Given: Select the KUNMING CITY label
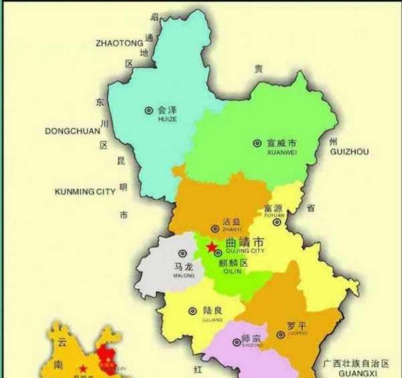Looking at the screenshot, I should click(x=84, y=192).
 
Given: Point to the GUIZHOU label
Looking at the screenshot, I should click(x=350, y=153).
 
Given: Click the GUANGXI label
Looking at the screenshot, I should click(x=355, y=373).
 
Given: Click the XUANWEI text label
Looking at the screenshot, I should click(x=281, y=153).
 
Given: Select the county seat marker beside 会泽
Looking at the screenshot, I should click(x=149, y=110).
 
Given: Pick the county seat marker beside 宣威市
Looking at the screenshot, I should click(x=257, y=143).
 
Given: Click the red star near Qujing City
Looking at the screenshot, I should click(x=211, y=248).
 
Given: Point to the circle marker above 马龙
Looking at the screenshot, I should click(x=182, y=254).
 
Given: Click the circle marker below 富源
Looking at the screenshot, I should click(x=277, y=222).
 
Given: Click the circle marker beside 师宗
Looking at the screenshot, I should click(x=236, y=341).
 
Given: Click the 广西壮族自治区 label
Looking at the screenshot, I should click(x=354, y=363).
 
